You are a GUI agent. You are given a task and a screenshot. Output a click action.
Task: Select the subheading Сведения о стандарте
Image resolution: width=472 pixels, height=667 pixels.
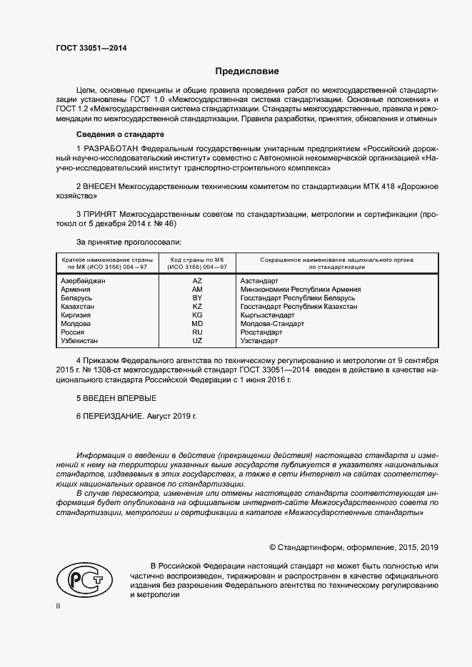pos(120,135)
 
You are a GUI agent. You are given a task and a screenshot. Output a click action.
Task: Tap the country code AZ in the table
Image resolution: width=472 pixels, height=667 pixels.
pos(198,281)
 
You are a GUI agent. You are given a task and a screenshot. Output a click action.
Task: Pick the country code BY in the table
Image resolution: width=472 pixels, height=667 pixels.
pos(198,298)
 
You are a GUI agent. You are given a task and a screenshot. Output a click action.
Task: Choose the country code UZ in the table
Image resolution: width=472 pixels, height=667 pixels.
pos(198,341)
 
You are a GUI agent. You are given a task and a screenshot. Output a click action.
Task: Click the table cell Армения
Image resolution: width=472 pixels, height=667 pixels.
pos(76,290)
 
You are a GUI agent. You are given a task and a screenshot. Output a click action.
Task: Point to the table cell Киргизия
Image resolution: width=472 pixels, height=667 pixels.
pos(77,315)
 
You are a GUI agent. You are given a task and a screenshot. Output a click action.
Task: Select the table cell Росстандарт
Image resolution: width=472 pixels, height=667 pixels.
pos(262,332)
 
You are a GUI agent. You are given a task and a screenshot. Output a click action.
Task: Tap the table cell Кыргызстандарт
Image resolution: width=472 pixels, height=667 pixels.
pos(268,315)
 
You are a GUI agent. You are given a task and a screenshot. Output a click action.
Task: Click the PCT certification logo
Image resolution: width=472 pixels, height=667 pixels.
pos(80,575)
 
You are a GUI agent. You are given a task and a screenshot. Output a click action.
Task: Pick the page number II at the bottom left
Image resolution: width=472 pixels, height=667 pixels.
pos(59,606)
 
